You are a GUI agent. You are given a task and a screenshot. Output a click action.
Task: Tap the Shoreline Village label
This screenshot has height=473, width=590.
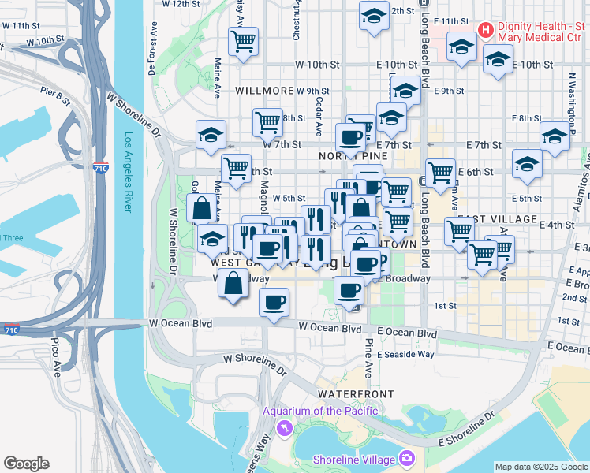tap(354, 460)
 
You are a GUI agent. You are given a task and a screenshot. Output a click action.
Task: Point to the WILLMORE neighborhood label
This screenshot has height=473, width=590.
tap(263, 91)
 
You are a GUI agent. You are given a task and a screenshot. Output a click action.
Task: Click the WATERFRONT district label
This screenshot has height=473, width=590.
tap(349, 393)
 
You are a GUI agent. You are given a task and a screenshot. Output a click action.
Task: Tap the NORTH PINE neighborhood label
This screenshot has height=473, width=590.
tap(345, 157)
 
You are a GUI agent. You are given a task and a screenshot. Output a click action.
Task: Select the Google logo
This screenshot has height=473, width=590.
tap(26, 463)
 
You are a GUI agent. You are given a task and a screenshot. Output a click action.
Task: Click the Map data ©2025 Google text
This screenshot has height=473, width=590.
tap(541, 467)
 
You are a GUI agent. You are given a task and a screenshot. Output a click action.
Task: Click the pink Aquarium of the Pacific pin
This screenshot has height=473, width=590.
tap(283, 427)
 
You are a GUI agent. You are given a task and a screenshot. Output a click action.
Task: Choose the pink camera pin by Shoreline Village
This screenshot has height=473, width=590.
tap(406, 458)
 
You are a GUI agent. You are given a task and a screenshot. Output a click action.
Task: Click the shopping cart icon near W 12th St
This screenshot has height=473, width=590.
tap(244, 41)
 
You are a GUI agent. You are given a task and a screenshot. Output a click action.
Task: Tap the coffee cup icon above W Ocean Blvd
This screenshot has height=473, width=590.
tap(274, 303)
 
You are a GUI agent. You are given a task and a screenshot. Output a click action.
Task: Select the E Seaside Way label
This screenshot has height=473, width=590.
tap(405, 355)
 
